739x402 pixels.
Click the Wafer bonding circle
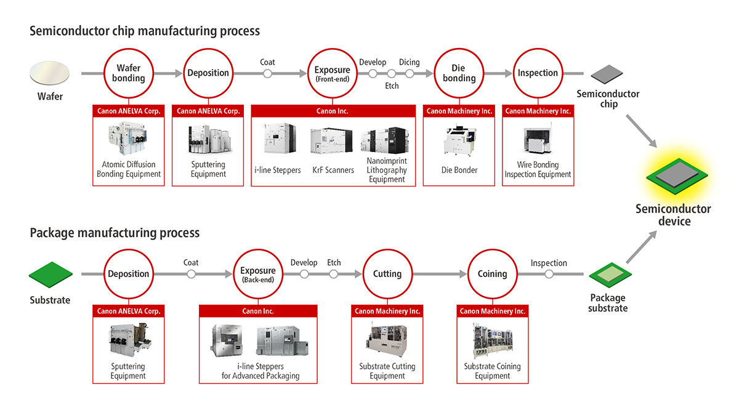pos(128,49)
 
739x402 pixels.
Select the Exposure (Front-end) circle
pos(332,49)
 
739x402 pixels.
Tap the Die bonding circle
pos(459,49)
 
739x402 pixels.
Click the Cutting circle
pos(387,251)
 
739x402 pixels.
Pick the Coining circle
pos(492,251)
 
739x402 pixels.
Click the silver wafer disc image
pos(49,73)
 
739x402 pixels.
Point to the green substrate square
pos(50,275)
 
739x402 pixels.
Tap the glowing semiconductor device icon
pos(677,176)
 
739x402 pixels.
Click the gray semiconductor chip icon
pos(607,74)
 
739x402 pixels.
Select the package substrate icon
pos(610,275)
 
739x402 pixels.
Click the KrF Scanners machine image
pos(331,141)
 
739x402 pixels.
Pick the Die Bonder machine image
pos(459,140)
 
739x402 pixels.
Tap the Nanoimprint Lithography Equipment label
pos(387,170)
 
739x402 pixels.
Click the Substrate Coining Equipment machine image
pos(492,340)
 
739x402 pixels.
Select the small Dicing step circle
pos(410,73)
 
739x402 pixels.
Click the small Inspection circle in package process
pos(549,274)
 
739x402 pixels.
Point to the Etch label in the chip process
pos(392,86)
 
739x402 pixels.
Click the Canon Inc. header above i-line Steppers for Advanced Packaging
pos(258,311)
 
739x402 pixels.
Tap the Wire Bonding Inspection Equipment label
pos(538,169)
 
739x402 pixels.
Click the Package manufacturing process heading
pos(115,233)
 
